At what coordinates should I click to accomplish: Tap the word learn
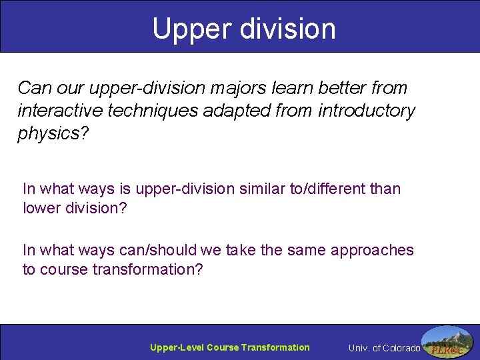279,87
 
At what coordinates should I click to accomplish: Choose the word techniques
154,110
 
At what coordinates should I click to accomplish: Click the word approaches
374,250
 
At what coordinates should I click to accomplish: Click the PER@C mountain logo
448,342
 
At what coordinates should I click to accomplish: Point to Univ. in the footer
358,348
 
